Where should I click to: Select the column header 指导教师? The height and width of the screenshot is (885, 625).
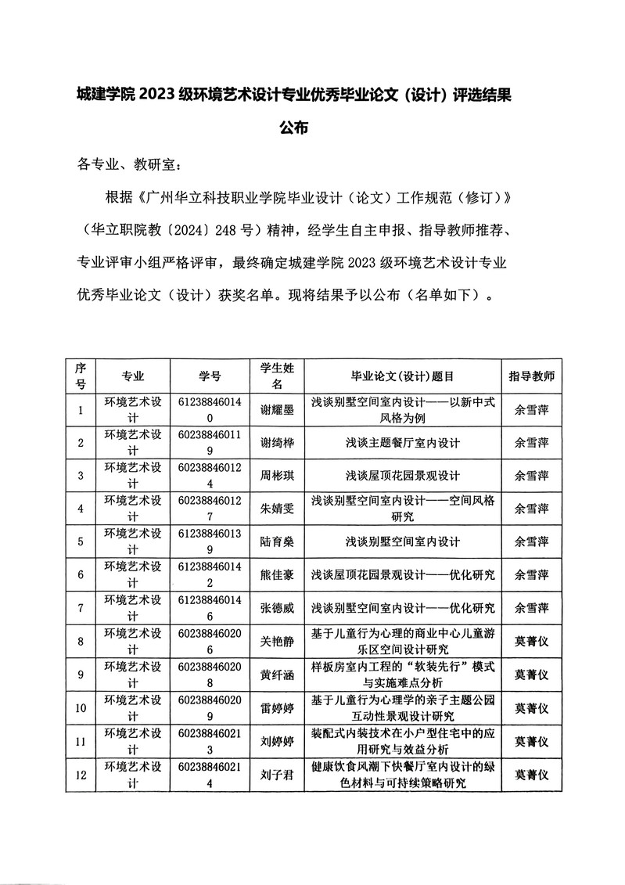click(x=531, y=376)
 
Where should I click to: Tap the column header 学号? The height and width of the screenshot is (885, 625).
click(x=210, y=376)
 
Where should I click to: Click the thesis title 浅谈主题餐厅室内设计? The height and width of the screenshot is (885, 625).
click(x=403, y=442)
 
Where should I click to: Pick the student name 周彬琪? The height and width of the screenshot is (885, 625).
click(x=277, y=475)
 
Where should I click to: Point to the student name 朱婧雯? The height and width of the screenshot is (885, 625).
click(x=277, y=508)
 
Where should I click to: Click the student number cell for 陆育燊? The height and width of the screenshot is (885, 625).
click(x=210, y=541)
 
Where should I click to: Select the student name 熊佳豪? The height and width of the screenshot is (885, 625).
click(x=277, y=574)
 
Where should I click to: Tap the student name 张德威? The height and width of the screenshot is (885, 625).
click(x=277, y=607)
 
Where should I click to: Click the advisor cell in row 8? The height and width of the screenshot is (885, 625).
click(x=531, y=641)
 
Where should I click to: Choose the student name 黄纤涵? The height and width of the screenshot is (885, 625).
click(x=277, y=674)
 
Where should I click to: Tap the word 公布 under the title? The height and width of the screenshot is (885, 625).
click(x=296, y=128)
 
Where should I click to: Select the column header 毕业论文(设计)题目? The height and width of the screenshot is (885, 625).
click(x=403, y=376)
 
